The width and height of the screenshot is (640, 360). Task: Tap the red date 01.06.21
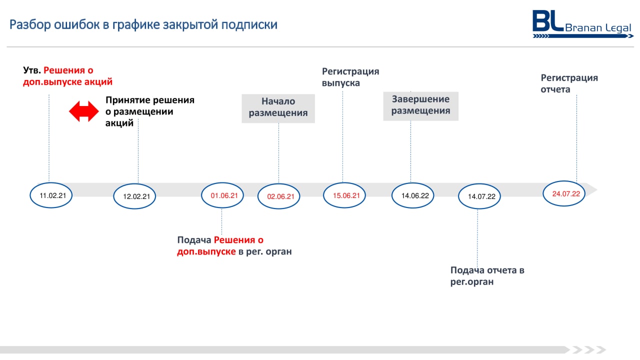tap(224, 195)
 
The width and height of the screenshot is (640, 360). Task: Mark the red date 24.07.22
tap(566, 193)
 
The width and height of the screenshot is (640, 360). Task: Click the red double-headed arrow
tap(83, 111)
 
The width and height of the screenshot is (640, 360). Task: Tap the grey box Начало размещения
tap(278, 108)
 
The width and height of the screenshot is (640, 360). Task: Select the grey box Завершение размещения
tap(421, 106)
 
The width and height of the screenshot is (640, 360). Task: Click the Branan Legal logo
tap(582, 24)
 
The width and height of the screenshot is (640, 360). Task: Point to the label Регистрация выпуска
tap(350, 77)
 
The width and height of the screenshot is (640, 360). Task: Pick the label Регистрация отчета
tap(569, 83)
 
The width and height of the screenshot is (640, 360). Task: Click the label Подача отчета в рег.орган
tap(487, 275)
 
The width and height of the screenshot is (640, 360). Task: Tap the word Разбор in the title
tap(30, 24)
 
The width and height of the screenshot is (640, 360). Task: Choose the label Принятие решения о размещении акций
tap(150, 111)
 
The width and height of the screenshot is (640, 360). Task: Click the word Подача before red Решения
tap(194, 240)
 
